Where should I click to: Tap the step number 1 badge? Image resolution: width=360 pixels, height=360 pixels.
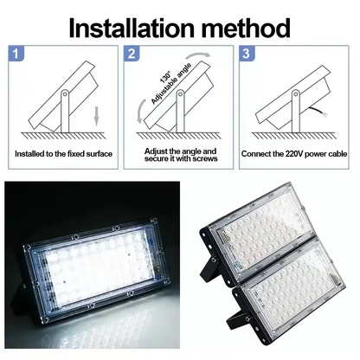pos(15,55)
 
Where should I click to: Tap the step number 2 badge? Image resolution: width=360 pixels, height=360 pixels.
pos(132,55)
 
